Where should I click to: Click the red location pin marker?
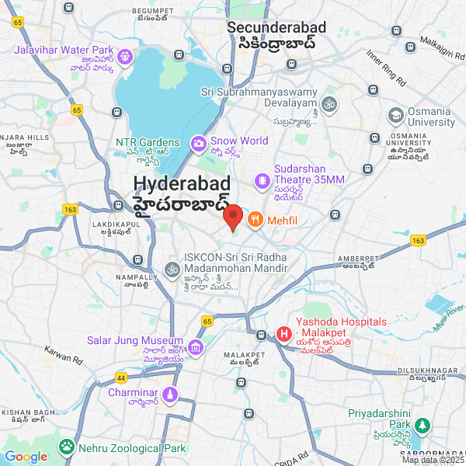pos(233,216)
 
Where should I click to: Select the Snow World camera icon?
pos(199,142)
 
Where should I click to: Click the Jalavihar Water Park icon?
pos(125,57)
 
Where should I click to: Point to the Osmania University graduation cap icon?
pos(396,116)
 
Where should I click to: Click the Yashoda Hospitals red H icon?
pos(284,334)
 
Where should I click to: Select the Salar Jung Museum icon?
pos(196,346)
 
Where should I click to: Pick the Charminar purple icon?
pos(171,395)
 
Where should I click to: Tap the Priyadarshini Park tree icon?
pos(422,426)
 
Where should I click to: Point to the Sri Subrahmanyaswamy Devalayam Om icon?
pos(329,103)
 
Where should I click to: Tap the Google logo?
pos(26,457)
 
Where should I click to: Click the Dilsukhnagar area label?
pos(428,370)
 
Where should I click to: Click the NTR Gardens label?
pos(148,143)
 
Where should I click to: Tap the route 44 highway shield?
pos(120,378)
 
